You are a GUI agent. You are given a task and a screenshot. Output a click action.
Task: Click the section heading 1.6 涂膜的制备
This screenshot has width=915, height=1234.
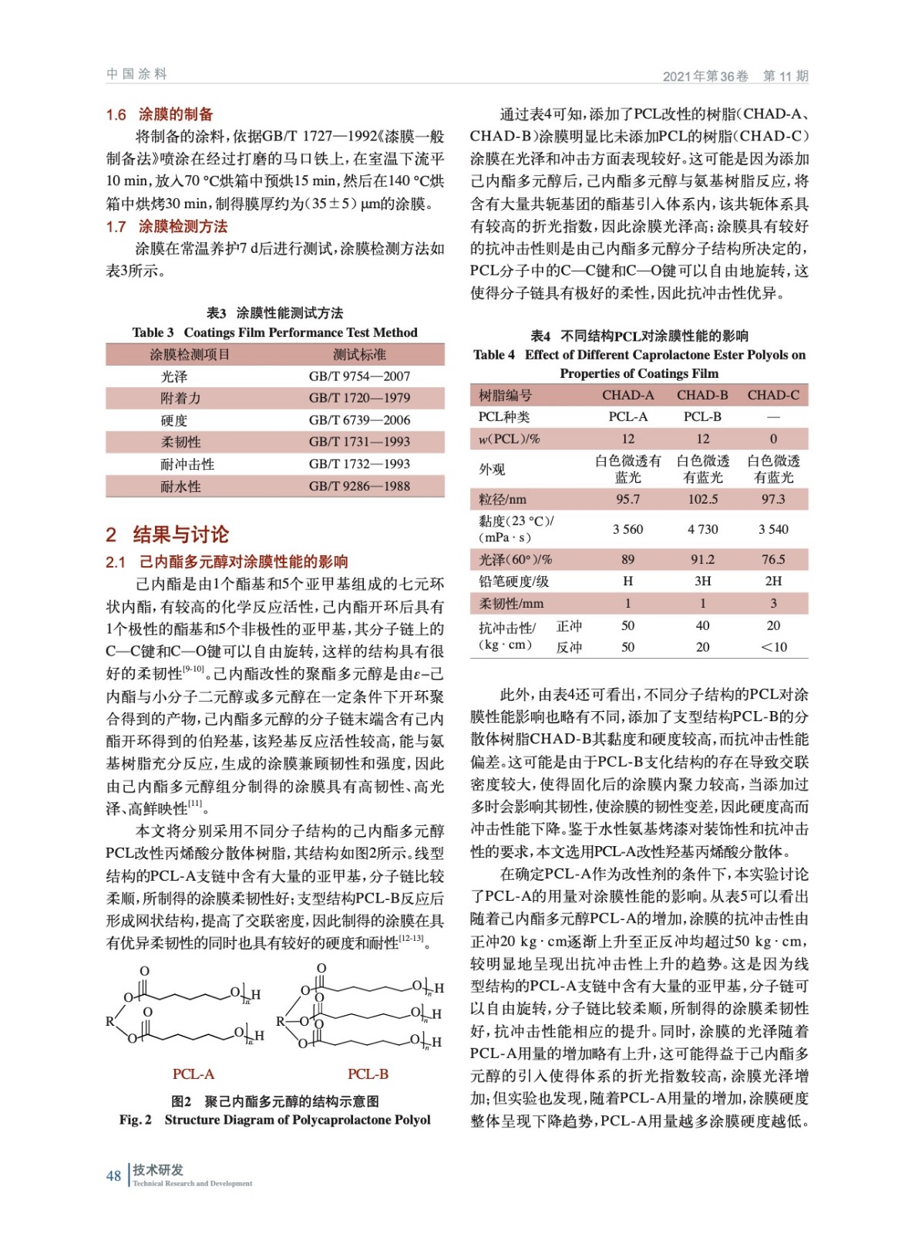(160, 114)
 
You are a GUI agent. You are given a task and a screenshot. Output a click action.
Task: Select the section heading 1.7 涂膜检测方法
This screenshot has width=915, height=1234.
(167, 226)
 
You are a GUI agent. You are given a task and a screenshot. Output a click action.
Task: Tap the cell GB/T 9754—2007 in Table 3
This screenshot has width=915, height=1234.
(359, 376)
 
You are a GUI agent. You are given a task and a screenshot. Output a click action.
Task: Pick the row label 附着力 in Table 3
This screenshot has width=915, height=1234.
(180, 398)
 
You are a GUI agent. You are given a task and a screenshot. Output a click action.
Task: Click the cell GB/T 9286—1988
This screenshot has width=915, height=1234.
(359, 486)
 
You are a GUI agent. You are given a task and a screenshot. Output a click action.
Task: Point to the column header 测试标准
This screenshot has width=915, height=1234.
(359, 355)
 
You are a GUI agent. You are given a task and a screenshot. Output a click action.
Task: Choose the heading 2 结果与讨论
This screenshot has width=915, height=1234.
(167, 534)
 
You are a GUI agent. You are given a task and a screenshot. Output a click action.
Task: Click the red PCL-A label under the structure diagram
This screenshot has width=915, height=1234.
(193, 1074)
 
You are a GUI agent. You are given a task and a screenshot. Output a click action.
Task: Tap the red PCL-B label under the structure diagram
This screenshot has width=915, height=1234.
(368, 1074)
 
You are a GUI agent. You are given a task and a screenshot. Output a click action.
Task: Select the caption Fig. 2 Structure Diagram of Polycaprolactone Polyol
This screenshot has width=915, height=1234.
(275, 1119)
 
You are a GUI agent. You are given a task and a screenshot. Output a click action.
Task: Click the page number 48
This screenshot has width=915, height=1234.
(113, 1175)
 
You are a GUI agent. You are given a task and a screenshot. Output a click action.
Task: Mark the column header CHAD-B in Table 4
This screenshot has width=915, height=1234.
(702, 395)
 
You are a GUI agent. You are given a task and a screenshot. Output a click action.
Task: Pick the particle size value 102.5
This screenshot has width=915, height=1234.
(702, 499)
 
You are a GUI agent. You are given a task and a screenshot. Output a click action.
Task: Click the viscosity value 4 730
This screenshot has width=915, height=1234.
(702, 529)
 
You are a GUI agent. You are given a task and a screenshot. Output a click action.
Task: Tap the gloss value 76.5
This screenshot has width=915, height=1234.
(773, 559)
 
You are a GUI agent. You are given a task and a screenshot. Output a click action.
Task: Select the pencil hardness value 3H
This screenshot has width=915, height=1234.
(702, 581)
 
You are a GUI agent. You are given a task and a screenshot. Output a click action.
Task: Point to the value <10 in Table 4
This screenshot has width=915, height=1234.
(773, 647)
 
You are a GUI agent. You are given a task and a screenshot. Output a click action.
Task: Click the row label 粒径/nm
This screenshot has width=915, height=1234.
(503, 499)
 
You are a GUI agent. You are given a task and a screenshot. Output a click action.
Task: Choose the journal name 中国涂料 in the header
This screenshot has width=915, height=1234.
(136, 74)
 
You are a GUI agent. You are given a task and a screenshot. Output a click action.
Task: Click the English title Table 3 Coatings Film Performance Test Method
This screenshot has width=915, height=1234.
(275, 332)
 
